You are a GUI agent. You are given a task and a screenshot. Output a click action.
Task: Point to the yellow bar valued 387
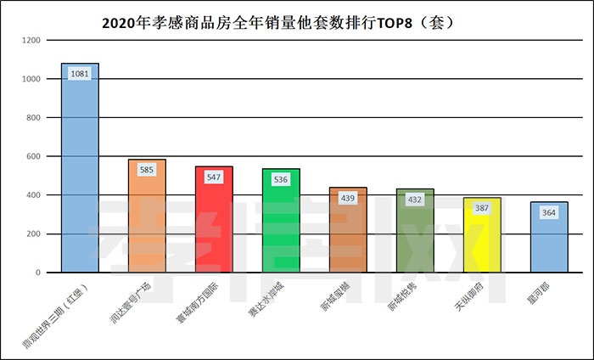(x=482, y=245)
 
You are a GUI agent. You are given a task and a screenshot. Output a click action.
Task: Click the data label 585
(x=147, y=170)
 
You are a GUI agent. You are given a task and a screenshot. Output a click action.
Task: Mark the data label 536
(x=281, y=179)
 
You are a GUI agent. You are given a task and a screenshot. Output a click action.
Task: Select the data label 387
(x=482, y=208)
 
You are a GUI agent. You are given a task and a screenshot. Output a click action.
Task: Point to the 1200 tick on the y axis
(x=31, y=40)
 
